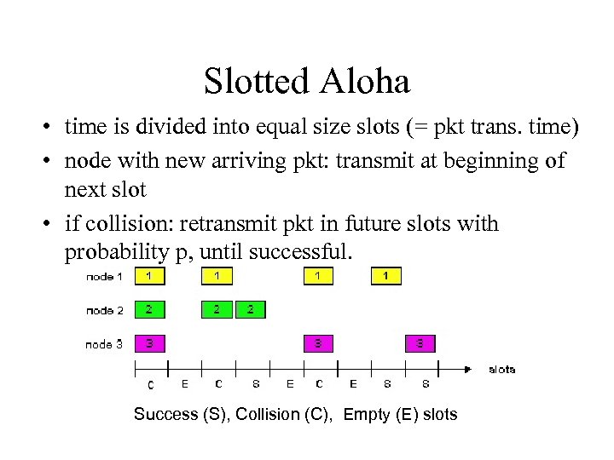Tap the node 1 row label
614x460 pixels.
point(104,277)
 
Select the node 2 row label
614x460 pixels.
point(104,310)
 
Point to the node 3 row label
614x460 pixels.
point(104,344)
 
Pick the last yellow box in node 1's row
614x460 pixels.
point(386,276)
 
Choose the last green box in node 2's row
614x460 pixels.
point(250,309)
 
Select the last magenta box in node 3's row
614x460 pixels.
point(420,343)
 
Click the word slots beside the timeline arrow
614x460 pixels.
point(501,369)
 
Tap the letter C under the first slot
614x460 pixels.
point(151,385)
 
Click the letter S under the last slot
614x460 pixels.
point(426,384)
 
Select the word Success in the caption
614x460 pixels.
point(165,415)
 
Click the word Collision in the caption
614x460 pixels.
point(267,415)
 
